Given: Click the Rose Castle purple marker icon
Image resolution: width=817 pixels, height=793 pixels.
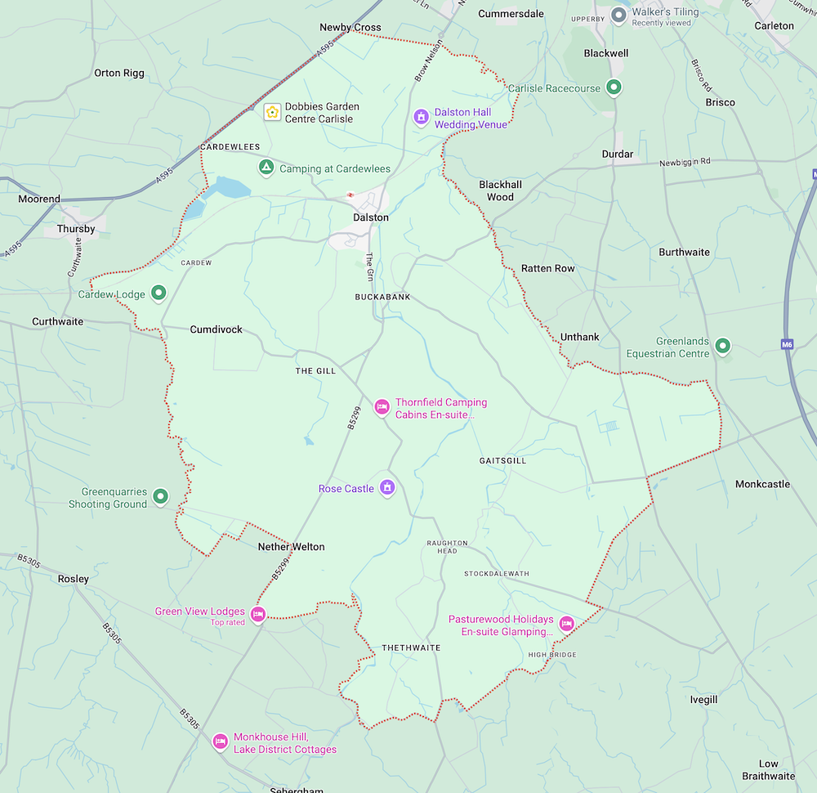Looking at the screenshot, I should pyautogui.click(x=388, y=488).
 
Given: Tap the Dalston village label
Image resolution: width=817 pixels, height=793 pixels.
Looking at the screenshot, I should pyautogui.click(x=370, y=217).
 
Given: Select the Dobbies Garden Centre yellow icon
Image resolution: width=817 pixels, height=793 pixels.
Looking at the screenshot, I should pyautogui.click(x=271, y=112).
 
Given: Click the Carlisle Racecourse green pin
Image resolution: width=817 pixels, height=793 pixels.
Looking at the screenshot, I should pyautogui.click(x=616, y=87).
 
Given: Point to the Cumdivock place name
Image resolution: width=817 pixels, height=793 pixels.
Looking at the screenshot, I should pyautogui.click(x=216, y=329).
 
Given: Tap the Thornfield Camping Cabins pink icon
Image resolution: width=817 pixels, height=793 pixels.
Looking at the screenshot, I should pyautogui.click(x=382, y=406).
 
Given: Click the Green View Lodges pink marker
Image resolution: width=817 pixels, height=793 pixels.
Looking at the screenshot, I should pyautogui.click(x=258, y=614).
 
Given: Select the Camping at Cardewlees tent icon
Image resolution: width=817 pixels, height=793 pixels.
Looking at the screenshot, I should pyautogui.click(x=266, y=168).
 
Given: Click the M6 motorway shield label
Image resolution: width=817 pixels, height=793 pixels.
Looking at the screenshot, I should pyautogui.click(x=787, y=344).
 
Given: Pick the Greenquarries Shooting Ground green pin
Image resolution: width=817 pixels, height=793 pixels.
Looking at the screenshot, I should pyautogui.click(x=161, y=495).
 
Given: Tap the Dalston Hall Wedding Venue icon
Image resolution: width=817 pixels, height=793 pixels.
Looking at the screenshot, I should pyautogui.click(x=421, y=117).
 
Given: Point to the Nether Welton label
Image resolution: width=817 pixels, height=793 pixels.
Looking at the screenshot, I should pyautogui.click(x=291, y=547).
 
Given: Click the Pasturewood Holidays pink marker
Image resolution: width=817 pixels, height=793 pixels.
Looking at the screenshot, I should pyautogui.click(x=566, y=624).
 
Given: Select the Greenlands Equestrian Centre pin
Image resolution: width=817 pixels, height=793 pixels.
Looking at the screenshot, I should pyautogui.click(x=722, y=347).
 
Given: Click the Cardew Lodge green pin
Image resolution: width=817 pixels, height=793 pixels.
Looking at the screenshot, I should pyautogui.click(x=159, y=293).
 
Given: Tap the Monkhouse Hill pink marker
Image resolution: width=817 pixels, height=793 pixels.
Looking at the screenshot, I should pyautogui.click(x=220, y=741).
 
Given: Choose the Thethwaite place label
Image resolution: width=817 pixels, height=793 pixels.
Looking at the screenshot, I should pyautogui.click(x=411, y=647).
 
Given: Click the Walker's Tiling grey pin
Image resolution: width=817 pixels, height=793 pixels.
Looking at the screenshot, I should pyautogui.click(x=618, y=15).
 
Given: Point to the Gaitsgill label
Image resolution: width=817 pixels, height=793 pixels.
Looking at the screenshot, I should pyautogui.click(x=502, y=461).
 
